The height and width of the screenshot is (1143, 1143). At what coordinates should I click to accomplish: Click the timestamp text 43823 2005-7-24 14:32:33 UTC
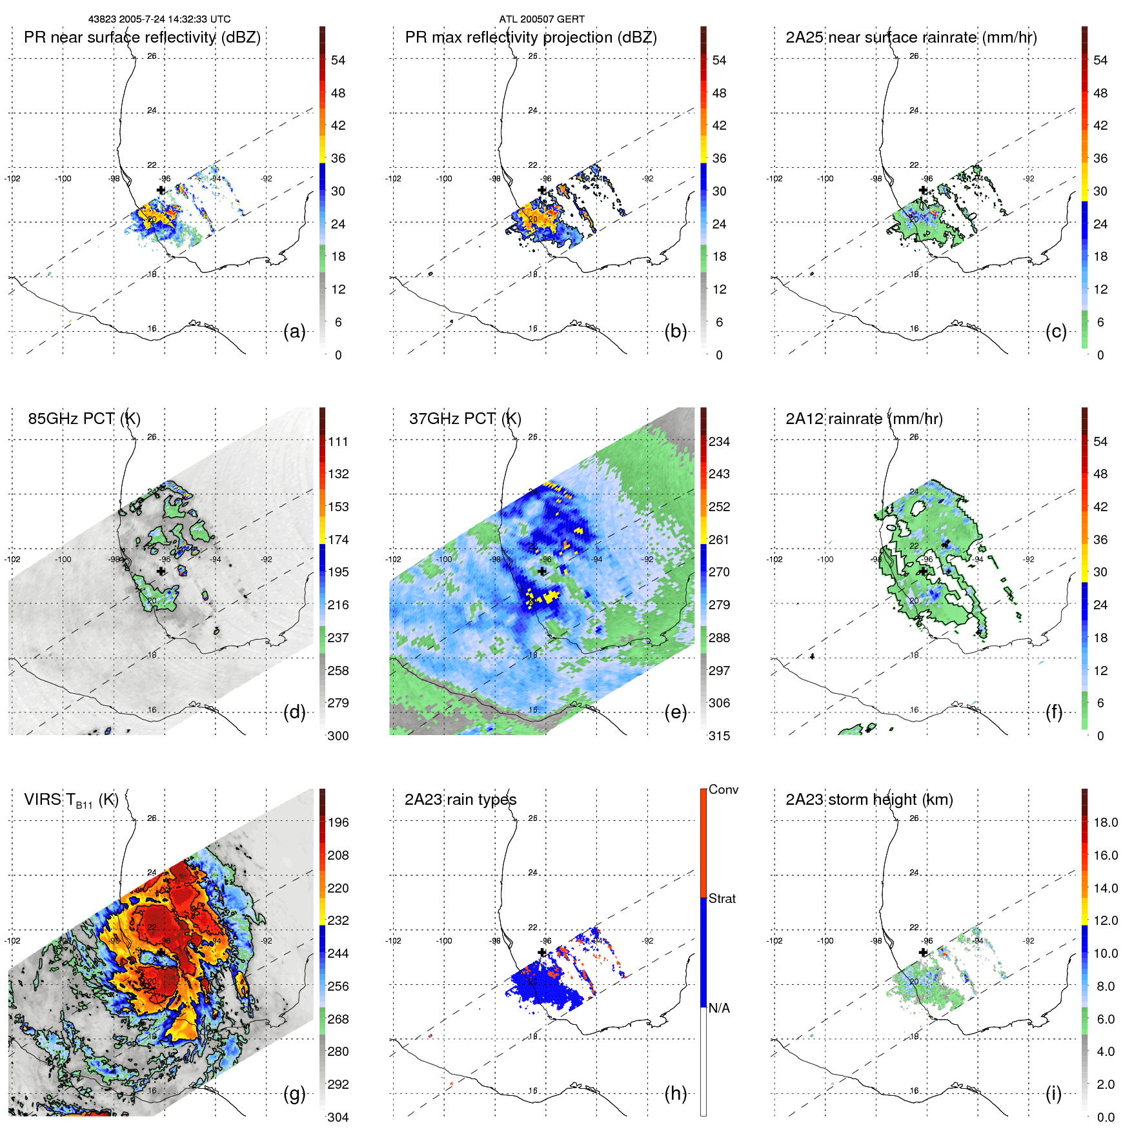[159, 19]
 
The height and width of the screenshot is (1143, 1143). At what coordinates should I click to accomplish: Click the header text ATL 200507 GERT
[541, 19]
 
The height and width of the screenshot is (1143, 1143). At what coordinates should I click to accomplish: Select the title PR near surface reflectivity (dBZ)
[142, 37]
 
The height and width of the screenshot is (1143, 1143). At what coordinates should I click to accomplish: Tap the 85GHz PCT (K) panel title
[84, 418]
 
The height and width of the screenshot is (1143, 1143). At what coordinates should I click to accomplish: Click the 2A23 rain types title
[460, 800]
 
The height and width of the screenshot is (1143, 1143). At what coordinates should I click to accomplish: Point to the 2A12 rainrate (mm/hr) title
[864, 418]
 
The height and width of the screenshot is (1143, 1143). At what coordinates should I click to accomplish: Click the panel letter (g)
[294, 1093]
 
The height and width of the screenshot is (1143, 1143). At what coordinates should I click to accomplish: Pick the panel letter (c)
[1056, 332]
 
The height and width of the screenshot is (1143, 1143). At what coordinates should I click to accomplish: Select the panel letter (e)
[675, 713]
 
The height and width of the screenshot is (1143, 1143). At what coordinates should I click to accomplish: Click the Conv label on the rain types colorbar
[723, 789]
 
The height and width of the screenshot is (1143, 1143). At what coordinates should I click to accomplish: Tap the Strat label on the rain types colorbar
[722, 898]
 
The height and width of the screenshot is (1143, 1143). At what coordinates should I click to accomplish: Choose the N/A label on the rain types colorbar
[719, 1008]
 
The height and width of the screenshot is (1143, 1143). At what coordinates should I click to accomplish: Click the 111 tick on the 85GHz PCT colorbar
[338, 441]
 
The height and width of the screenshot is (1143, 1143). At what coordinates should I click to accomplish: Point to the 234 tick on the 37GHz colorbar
[719, 441]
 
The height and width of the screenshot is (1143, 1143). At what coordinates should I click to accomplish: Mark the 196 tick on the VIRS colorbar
[338, 822]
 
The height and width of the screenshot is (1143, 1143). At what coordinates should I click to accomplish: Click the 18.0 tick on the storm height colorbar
[1105, 822]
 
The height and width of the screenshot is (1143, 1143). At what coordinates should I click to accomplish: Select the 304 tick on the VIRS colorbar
[338, 1117]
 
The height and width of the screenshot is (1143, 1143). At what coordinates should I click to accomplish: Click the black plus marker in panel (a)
[161, 190]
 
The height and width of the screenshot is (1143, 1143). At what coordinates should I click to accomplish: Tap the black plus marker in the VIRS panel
[161, 952]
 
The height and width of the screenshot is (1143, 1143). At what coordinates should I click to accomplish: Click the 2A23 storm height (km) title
[869, 800]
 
